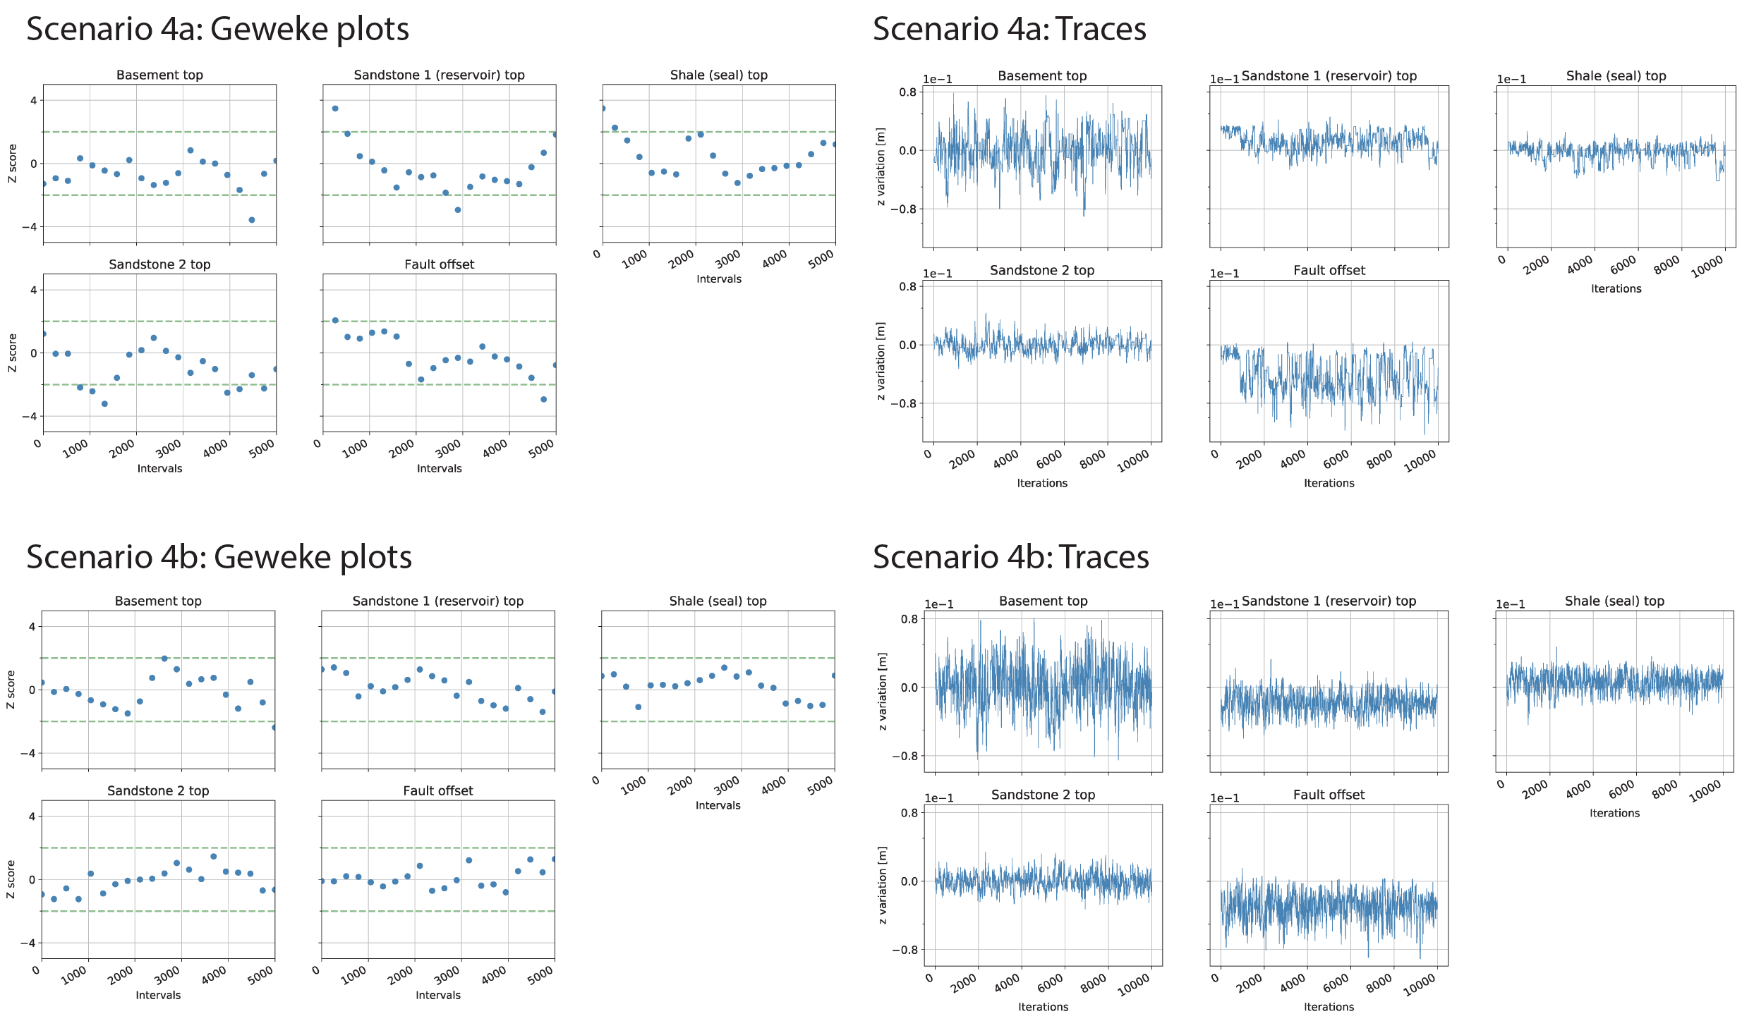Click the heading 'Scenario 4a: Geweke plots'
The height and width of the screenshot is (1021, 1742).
[x=217, y=30]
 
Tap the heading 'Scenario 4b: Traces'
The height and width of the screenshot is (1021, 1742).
[x=1010, y=558]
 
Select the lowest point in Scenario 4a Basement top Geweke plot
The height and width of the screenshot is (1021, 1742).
[x=251, y=220]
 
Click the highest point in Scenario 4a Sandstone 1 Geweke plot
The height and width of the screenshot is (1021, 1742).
[x=335, y=109]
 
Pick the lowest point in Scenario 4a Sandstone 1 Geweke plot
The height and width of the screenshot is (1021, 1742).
[x=458, y=210]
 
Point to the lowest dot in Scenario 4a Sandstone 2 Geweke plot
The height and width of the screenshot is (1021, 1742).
[x=104, y=404]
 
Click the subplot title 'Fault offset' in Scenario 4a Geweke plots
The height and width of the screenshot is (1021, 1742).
[x=439, y=264]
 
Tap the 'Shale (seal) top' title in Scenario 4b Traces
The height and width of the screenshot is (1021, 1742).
[x=1614, y=601]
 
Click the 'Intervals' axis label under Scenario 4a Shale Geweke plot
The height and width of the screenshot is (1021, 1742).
[x=719, y=279]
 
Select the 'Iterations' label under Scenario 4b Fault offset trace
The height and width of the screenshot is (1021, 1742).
[x=1329, y=1007]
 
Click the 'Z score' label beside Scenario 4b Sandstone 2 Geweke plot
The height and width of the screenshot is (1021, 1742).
[x=11, y=879]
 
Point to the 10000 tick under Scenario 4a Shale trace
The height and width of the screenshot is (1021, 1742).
[x=1707, y=267]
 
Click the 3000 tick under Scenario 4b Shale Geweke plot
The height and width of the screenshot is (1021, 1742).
[x=727, y=784]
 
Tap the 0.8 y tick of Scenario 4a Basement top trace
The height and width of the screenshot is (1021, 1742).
[x=907, y=92]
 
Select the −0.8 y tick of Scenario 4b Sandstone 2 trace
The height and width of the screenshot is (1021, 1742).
[x=905, y=950]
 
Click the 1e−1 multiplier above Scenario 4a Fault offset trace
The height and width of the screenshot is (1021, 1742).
[x=1224, y=274]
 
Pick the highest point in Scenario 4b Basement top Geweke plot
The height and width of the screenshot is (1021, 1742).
[x=164, y=659]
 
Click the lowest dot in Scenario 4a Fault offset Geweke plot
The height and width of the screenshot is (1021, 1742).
[x=543, y=399]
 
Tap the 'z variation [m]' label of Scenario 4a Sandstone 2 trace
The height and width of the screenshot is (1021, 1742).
[x=881, y=361]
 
